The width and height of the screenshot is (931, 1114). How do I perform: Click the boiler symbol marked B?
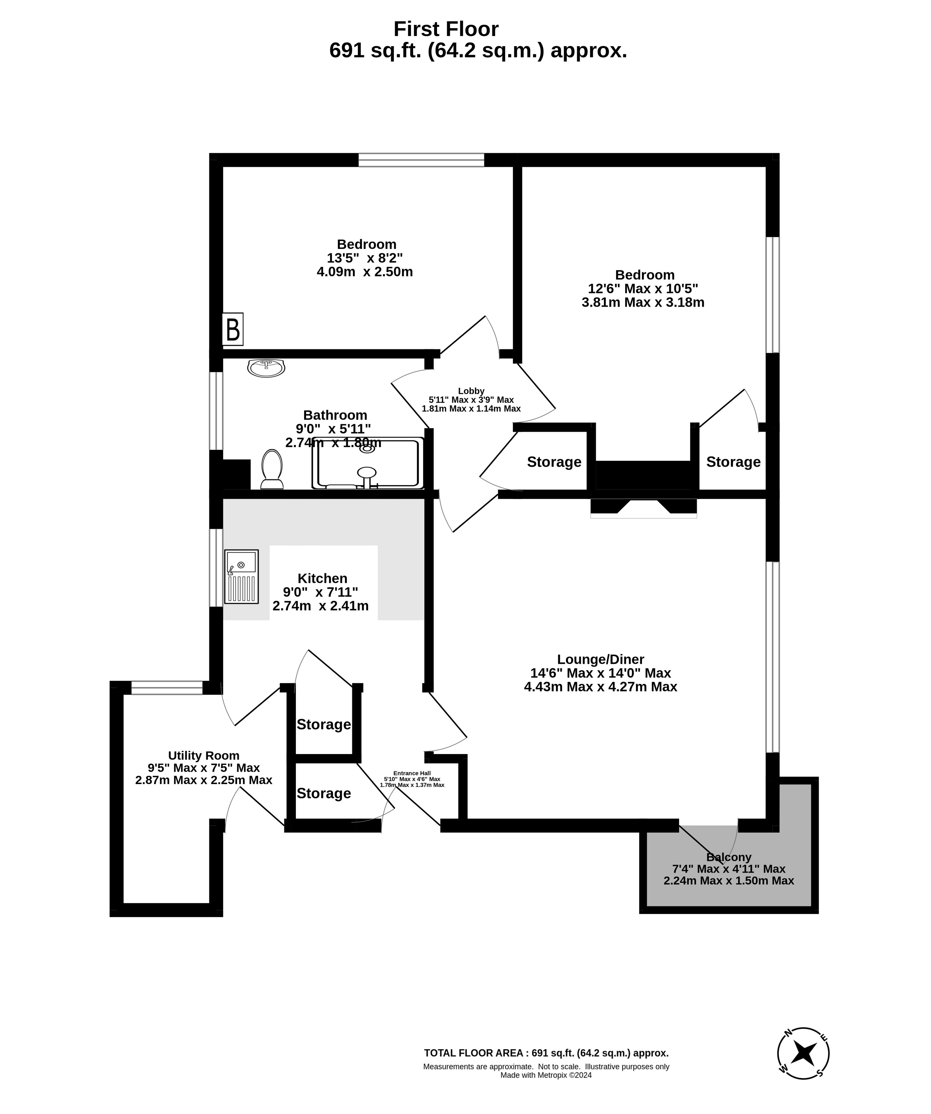[x=232, y=329]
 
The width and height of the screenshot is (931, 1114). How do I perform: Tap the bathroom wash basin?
[x=266, y=368]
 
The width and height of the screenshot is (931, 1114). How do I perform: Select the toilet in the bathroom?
[x=272, y=469]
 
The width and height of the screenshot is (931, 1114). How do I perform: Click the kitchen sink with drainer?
[x=241, y=577]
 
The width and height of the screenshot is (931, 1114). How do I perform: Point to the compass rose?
[x=803, y=1053]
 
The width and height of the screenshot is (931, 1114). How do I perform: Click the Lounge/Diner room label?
[x=600, y=659]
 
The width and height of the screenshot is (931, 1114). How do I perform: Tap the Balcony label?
[x=729, y=857]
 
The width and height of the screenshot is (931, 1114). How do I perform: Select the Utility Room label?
[x=204, y=755]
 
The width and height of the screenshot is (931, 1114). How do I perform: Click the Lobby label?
[x=471, y=391]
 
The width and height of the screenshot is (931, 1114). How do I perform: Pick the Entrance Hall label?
[x=412, y=773]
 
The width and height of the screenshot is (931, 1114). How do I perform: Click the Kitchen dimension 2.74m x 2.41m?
[x=320, y=606]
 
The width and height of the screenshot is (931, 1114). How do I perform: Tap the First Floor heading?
[x=446, y=29]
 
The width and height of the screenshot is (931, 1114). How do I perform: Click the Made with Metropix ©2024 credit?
[x=546, y=1075]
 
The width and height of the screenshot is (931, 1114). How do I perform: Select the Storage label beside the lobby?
[x=554, y=462]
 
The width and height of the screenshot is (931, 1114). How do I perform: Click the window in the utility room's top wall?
[x=167, y=688]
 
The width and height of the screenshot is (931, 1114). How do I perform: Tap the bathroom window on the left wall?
[x=216, y=411]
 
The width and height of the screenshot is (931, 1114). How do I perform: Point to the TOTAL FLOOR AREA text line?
[x=546, y=1053]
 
